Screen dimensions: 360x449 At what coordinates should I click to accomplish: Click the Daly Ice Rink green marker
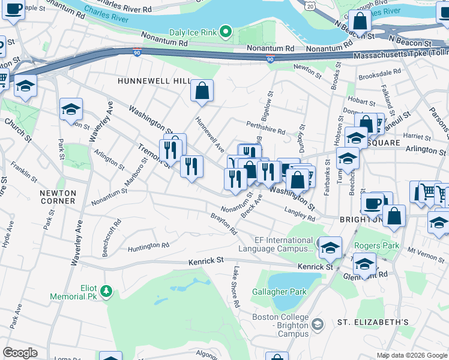point(225,31)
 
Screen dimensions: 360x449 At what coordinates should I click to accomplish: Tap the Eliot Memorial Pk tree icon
point(106,291)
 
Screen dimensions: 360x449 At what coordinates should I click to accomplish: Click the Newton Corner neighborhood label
point(58,197)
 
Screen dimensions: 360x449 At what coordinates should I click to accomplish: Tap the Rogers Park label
point(376,245)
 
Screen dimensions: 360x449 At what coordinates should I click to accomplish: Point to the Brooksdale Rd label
point(379,74)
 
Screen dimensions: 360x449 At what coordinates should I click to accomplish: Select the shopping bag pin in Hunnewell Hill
point(202,91)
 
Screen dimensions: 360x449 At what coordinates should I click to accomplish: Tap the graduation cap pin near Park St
point(71,109)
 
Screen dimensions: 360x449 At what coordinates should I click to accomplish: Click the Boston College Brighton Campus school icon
point(318,324)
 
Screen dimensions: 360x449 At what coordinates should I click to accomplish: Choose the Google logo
point(20,353)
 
